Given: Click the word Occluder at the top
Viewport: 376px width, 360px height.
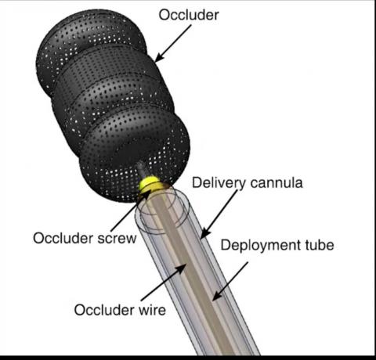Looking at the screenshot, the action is click(x=189, y=15).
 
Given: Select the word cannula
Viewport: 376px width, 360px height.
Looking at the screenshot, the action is click(x=277, y=183).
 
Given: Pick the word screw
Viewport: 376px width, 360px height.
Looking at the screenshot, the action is click(x=117, y=239).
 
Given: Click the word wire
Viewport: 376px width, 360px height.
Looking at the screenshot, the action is click(x=152, y=310).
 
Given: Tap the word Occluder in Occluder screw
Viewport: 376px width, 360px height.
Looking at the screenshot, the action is click(x=63, y=239).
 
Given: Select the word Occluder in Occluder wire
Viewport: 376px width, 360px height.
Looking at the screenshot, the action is click(x=104, y=310).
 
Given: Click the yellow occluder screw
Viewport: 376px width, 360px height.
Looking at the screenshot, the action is click(x=149, y=183).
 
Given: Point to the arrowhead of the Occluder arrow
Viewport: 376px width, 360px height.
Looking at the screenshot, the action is click(x=157, y=59).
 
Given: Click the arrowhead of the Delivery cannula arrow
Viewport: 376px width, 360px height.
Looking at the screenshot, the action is click(x=204, y=234).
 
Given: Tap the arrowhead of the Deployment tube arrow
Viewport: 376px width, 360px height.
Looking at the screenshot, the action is click(x=216, y=297).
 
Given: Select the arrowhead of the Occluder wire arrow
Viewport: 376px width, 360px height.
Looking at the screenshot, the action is click(x=183, y=268).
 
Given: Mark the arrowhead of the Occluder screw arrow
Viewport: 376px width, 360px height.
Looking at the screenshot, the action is click(x=146, y=194).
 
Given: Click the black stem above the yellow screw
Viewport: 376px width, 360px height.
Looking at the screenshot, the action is click(x=141, y=169).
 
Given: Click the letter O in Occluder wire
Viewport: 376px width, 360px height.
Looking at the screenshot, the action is click(x=79, y=310).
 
